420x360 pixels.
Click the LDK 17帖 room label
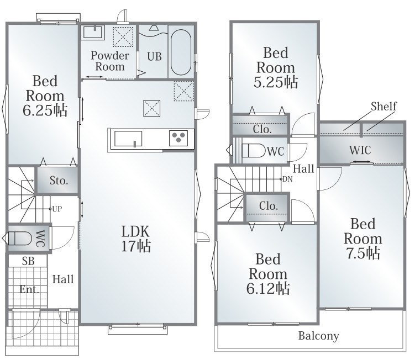click(136, 239)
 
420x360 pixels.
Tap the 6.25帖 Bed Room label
click(45, 96)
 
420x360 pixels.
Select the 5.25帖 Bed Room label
click(276, 67)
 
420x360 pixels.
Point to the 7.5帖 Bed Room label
click(363, 239)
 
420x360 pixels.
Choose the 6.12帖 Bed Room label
click(268, 274)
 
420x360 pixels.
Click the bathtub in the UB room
click(181, 52)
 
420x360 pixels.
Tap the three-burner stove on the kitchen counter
click(179, 138)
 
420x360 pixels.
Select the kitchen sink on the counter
click(128, 139)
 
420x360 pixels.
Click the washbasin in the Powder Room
click(93, 33)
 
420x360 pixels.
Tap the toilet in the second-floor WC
click(253, 151)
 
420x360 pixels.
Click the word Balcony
click(319, 336)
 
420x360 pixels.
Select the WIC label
click(360, 150)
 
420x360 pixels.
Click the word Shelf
click(384, 106)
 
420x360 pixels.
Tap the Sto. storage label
click(59, 181)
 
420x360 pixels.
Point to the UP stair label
click(57, 209)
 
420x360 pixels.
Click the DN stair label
click(287, 179)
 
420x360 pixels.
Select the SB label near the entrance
click(28, 261)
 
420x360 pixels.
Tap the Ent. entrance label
click(29, 289)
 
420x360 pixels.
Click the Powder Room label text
click(110, 61)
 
